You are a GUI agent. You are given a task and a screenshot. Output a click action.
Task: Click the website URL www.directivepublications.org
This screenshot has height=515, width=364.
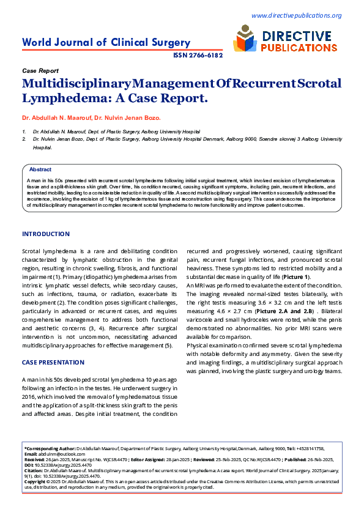click(296, 15)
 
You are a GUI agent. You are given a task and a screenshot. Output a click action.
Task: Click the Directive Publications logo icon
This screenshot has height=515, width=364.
click(245, 41)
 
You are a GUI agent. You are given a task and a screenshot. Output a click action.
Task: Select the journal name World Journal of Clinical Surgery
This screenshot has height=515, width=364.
click(106, 42)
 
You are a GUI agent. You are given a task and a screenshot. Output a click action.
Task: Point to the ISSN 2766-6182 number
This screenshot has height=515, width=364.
click(198, 55)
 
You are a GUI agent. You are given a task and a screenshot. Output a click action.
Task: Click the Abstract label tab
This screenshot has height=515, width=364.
click(40, 169)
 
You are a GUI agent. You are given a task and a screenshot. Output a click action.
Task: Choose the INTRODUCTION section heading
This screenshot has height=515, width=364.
click(46, 234)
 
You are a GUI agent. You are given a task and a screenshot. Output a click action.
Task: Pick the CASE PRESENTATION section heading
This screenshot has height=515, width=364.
click(53, 363)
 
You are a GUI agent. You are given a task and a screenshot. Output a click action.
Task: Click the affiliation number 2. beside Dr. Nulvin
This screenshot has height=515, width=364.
click(24, 139)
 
